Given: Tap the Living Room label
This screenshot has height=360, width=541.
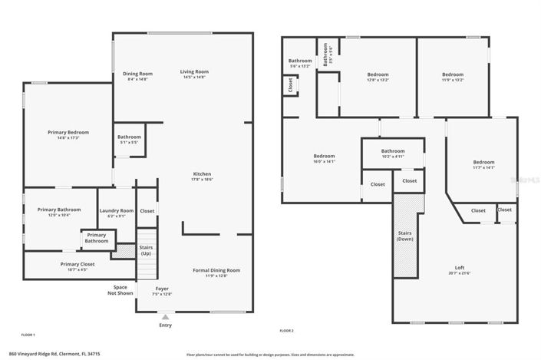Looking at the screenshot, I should click(196, 72).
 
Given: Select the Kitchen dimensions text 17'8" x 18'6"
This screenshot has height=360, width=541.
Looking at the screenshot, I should click(202, 179).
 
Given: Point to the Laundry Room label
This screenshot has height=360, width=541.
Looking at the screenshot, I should click(117, 210).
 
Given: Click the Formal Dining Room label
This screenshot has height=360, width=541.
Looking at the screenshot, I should click(216, 270).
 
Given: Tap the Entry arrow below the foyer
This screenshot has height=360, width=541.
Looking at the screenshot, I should click(165, 315).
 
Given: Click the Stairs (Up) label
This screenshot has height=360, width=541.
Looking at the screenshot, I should click(146, 250).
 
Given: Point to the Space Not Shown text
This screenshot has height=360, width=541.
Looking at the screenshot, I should click(120, 289).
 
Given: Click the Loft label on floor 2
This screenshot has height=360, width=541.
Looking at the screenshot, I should click(460, 268).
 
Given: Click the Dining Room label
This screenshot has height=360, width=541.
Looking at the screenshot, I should click(135, 74).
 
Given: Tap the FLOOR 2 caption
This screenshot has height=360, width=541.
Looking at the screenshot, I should click(287, 330).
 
